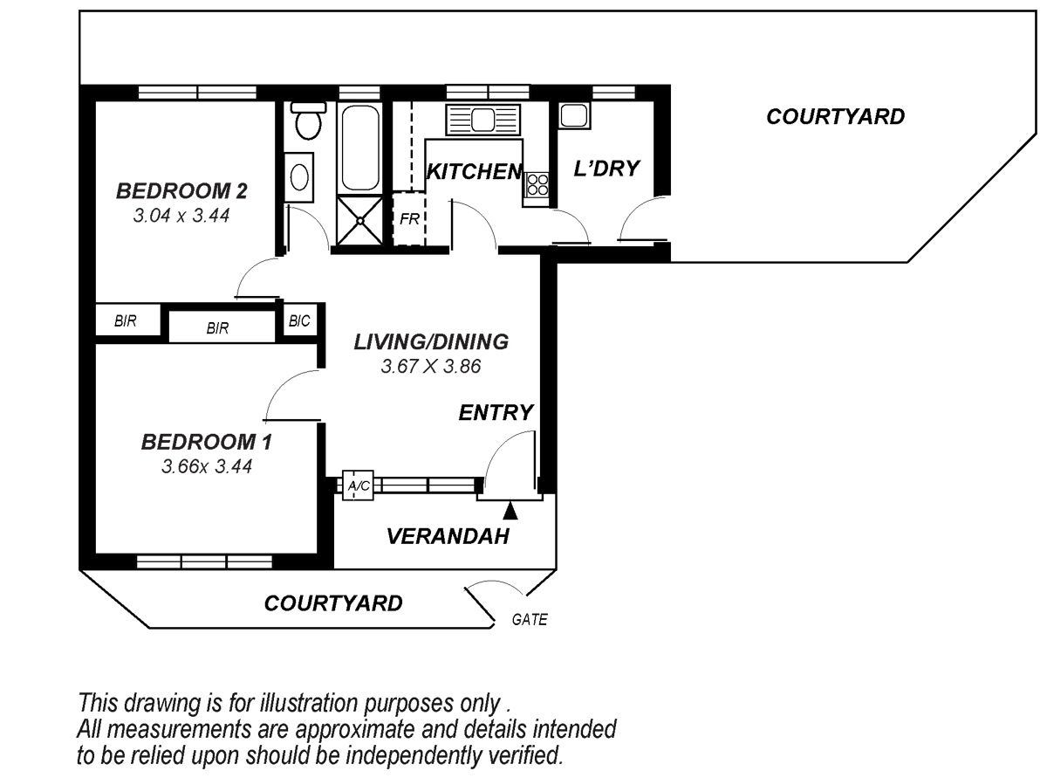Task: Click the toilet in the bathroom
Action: click(308, 120)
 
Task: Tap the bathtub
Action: click(359, 148)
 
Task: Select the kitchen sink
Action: click(482, 120)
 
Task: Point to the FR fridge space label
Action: click(409, 218)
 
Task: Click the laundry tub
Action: click(574, 116)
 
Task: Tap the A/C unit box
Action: click(359, 485)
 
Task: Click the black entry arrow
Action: click(510, 511)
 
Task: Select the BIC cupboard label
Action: click(299, 321)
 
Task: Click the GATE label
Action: click(530, 619)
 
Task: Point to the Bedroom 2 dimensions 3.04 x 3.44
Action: click(181, 216)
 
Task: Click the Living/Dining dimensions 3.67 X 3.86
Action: click(431, 366)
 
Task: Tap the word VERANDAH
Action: click(448, 536)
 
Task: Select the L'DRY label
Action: click(606, 169)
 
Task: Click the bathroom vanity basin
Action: click(299, 177)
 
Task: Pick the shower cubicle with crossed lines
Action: click(359, 220)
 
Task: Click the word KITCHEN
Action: click(474, 171)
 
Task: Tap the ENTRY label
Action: click(496, 412)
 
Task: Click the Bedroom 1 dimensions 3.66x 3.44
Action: click(207, 466)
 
